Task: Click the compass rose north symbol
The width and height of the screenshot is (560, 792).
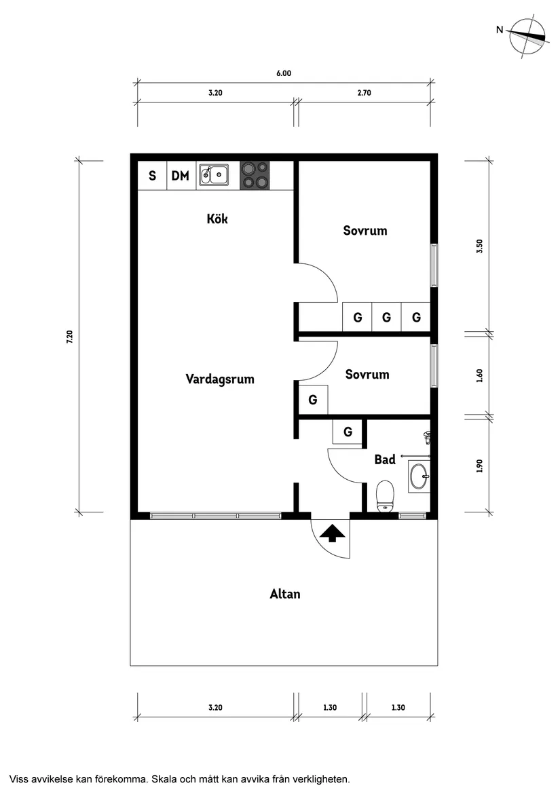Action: click(529, 36)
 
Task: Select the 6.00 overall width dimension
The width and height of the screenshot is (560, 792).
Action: click(283, 74)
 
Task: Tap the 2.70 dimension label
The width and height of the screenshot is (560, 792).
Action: click(365, 93)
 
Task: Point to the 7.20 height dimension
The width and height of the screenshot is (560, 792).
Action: click(69, 337)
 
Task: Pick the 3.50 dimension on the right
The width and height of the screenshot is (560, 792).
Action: click(479, 246)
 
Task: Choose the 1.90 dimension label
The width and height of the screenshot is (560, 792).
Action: click(479, 466)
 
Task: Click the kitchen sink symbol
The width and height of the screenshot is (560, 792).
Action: click(214, 175)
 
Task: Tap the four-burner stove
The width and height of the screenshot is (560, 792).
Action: click(255, 175)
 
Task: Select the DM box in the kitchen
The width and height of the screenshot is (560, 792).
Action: click(180, 176)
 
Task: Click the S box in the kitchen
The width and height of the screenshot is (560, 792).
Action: click(152, 176)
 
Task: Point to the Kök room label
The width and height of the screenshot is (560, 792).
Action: click(217, 219)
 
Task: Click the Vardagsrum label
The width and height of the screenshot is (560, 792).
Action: click(220, 379)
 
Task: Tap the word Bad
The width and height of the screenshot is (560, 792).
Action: click(385, 459)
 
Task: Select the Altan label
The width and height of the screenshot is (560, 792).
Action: click(285, 594)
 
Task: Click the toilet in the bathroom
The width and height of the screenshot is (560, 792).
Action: click(385, 495)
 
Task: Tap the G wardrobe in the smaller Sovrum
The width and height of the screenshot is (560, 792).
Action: click(313, 400)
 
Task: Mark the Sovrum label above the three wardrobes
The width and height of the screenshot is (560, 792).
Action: click(365, 231)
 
